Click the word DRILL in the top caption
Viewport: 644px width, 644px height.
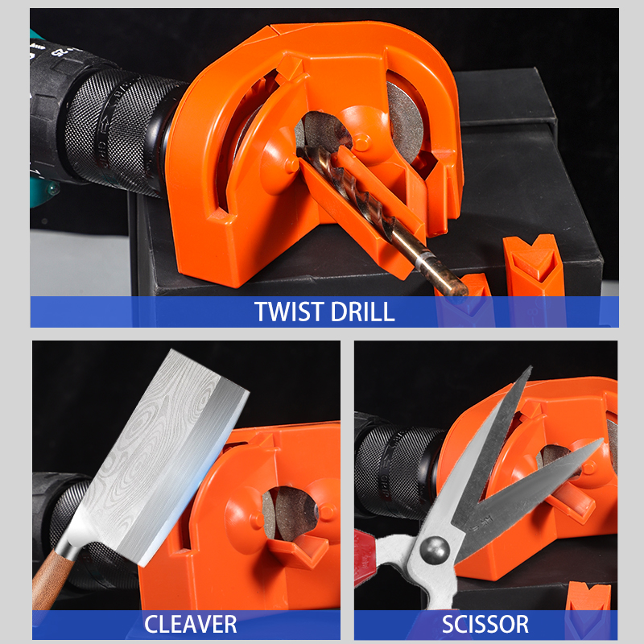click(x=362, y=312)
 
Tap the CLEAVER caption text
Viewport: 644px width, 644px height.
click(x=191, y=625)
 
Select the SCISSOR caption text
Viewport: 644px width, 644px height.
click(x=485, y=625)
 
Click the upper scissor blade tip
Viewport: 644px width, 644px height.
click(x=530, y=367)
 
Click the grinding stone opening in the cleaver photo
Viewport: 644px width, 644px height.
click(x=290, y=514)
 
